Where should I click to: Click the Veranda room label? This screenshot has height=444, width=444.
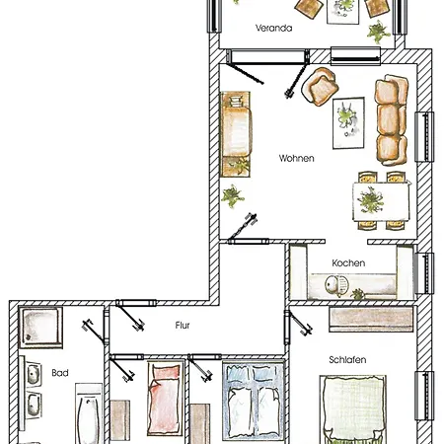click(x=273, y=28)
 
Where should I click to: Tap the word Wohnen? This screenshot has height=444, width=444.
click(x=296, y=158)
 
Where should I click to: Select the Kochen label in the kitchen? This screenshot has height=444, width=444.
click(x=348, y=263)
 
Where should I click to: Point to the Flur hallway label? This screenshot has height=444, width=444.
click(x=183, y=326)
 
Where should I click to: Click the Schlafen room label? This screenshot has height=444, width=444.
click(x=347, y=360)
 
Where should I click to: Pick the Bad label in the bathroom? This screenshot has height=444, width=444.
click(x=60, y=373)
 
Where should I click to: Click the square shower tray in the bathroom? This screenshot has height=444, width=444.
click(x=40, y=328)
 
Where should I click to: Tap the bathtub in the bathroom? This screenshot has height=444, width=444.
click(x=88, y=414)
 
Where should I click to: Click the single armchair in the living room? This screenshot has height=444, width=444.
click(x=320, y=87)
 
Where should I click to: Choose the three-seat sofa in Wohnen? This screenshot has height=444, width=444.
click(x=392, y=120)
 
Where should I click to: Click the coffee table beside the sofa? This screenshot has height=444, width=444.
click(x=348, y=123)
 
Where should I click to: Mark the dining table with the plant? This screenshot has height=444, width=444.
click(x=381, y=201)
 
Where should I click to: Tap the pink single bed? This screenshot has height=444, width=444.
click(x=166, y=398)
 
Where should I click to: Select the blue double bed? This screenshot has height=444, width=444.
click(x=254, y=402)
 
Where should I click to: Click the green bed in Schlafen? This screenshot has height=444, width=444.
click(x=353, y=409)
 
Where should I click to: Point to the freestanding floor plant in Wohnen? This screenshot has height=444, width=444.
click(x=233, y=196)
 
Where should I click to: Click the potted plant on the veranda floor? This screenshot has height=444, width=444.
click(x=379, y=33)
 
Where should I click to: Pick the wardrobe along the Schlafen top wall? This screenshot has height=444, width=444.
click(x=371, y=319)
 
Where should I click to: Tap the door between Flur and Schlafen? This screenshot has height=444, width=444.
click(x=298, y=325)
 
